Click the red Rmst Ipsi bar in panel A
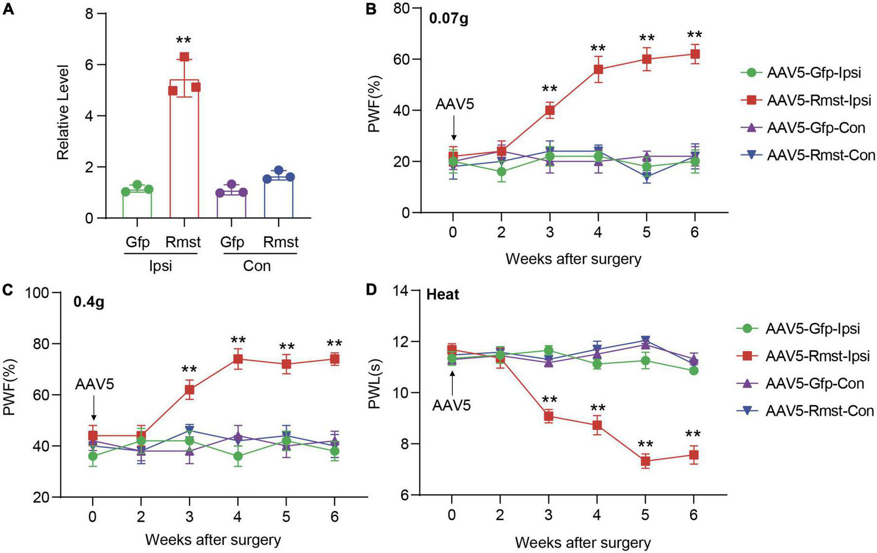click(x=184, y=149)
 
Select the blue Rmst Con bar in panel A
click(x=279, y=198)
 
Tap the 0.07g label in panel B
click(x=448, y=20)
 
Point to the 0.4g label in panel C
click(x=89, y=302)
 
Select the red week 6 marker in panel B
click(x=694, y=54)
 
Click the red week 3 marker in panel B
click(x=549, y=110)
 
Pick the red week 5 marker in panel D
click(x=645, y=461)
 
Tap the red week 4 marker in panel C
click(x=238, y=359)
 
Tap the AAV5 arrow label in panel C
click(x=95, y=384)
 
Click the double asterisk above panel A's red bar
click(x=183, y=41)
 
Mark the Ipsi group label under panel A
click(x=160, y=266)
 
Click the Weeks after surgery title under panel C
click(x=213, y=539)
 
